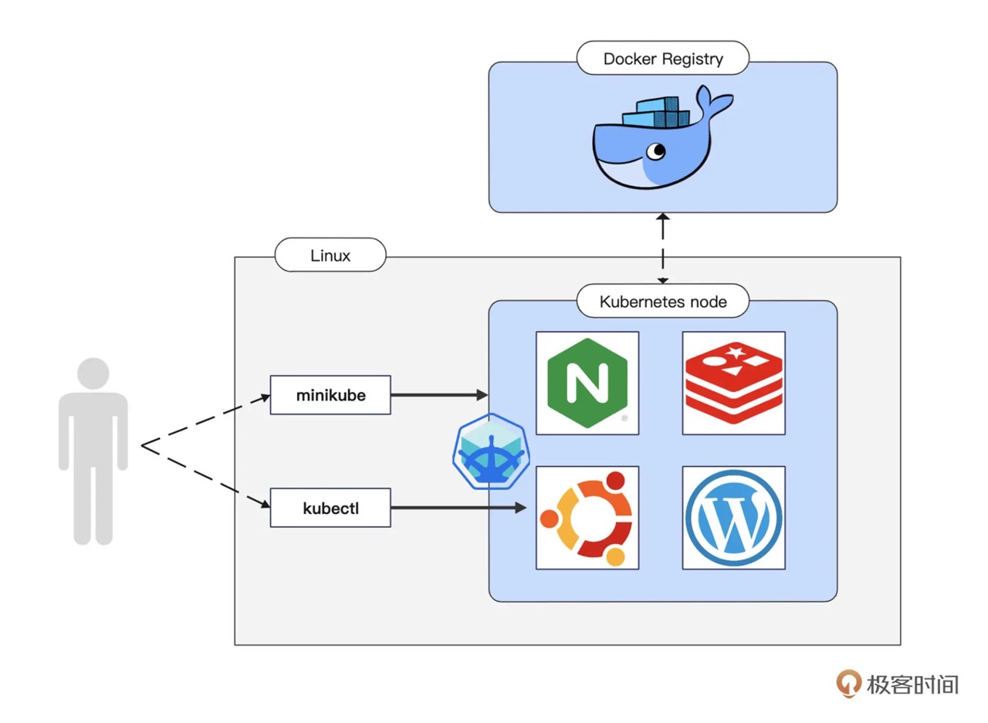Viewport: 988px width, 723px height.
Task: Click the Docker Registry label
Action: click(663, 59)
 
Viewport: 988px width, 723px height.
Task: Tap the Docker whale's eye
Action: click(657, 150)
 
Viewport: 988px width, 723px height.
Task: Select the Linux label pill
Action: click(330, 255)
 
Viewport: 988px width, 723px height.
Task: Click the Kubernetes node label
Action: click(663, 301)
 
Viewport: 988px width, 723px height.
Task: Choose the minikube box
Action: click(330, 395)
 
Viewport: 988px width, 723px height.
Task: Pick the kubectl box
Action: click(330, 508)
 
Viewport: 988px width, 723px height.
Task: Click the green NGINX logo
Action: click(587, 383)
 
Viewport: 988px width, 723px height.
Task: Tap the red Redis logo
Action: click(733, 383)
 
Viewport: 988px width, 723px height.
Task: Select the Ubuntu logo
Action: click(587, 517)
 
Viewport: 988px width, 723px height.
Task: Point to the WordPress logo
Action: click(733, 517)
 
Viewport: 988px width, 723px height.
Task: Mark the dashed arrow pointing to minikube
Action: click(205, 421)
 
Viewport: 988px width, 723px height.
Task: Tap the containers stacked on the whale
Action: click(656, 113)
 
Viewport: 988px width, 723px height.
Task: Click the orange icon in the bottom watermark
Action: click(849, 683)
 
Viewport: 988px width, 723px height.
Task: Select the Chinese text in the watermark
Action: click(912, 684)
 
